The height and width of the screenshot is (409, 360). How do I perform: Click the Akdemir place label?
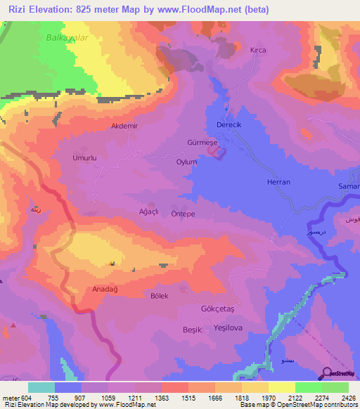(125, 126)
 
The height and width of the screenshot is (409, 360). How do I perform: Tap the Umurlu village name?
(84, 158)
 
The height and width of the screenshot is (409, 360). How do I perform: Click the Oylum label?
(186, 162)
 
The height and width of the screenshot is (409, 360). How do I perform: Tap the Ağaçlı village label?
(151, 211)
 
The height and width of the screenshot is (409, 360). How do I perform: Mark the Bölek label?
(160, 296)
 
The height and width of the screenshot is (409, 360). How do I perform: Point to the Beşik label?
(192, 330)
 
